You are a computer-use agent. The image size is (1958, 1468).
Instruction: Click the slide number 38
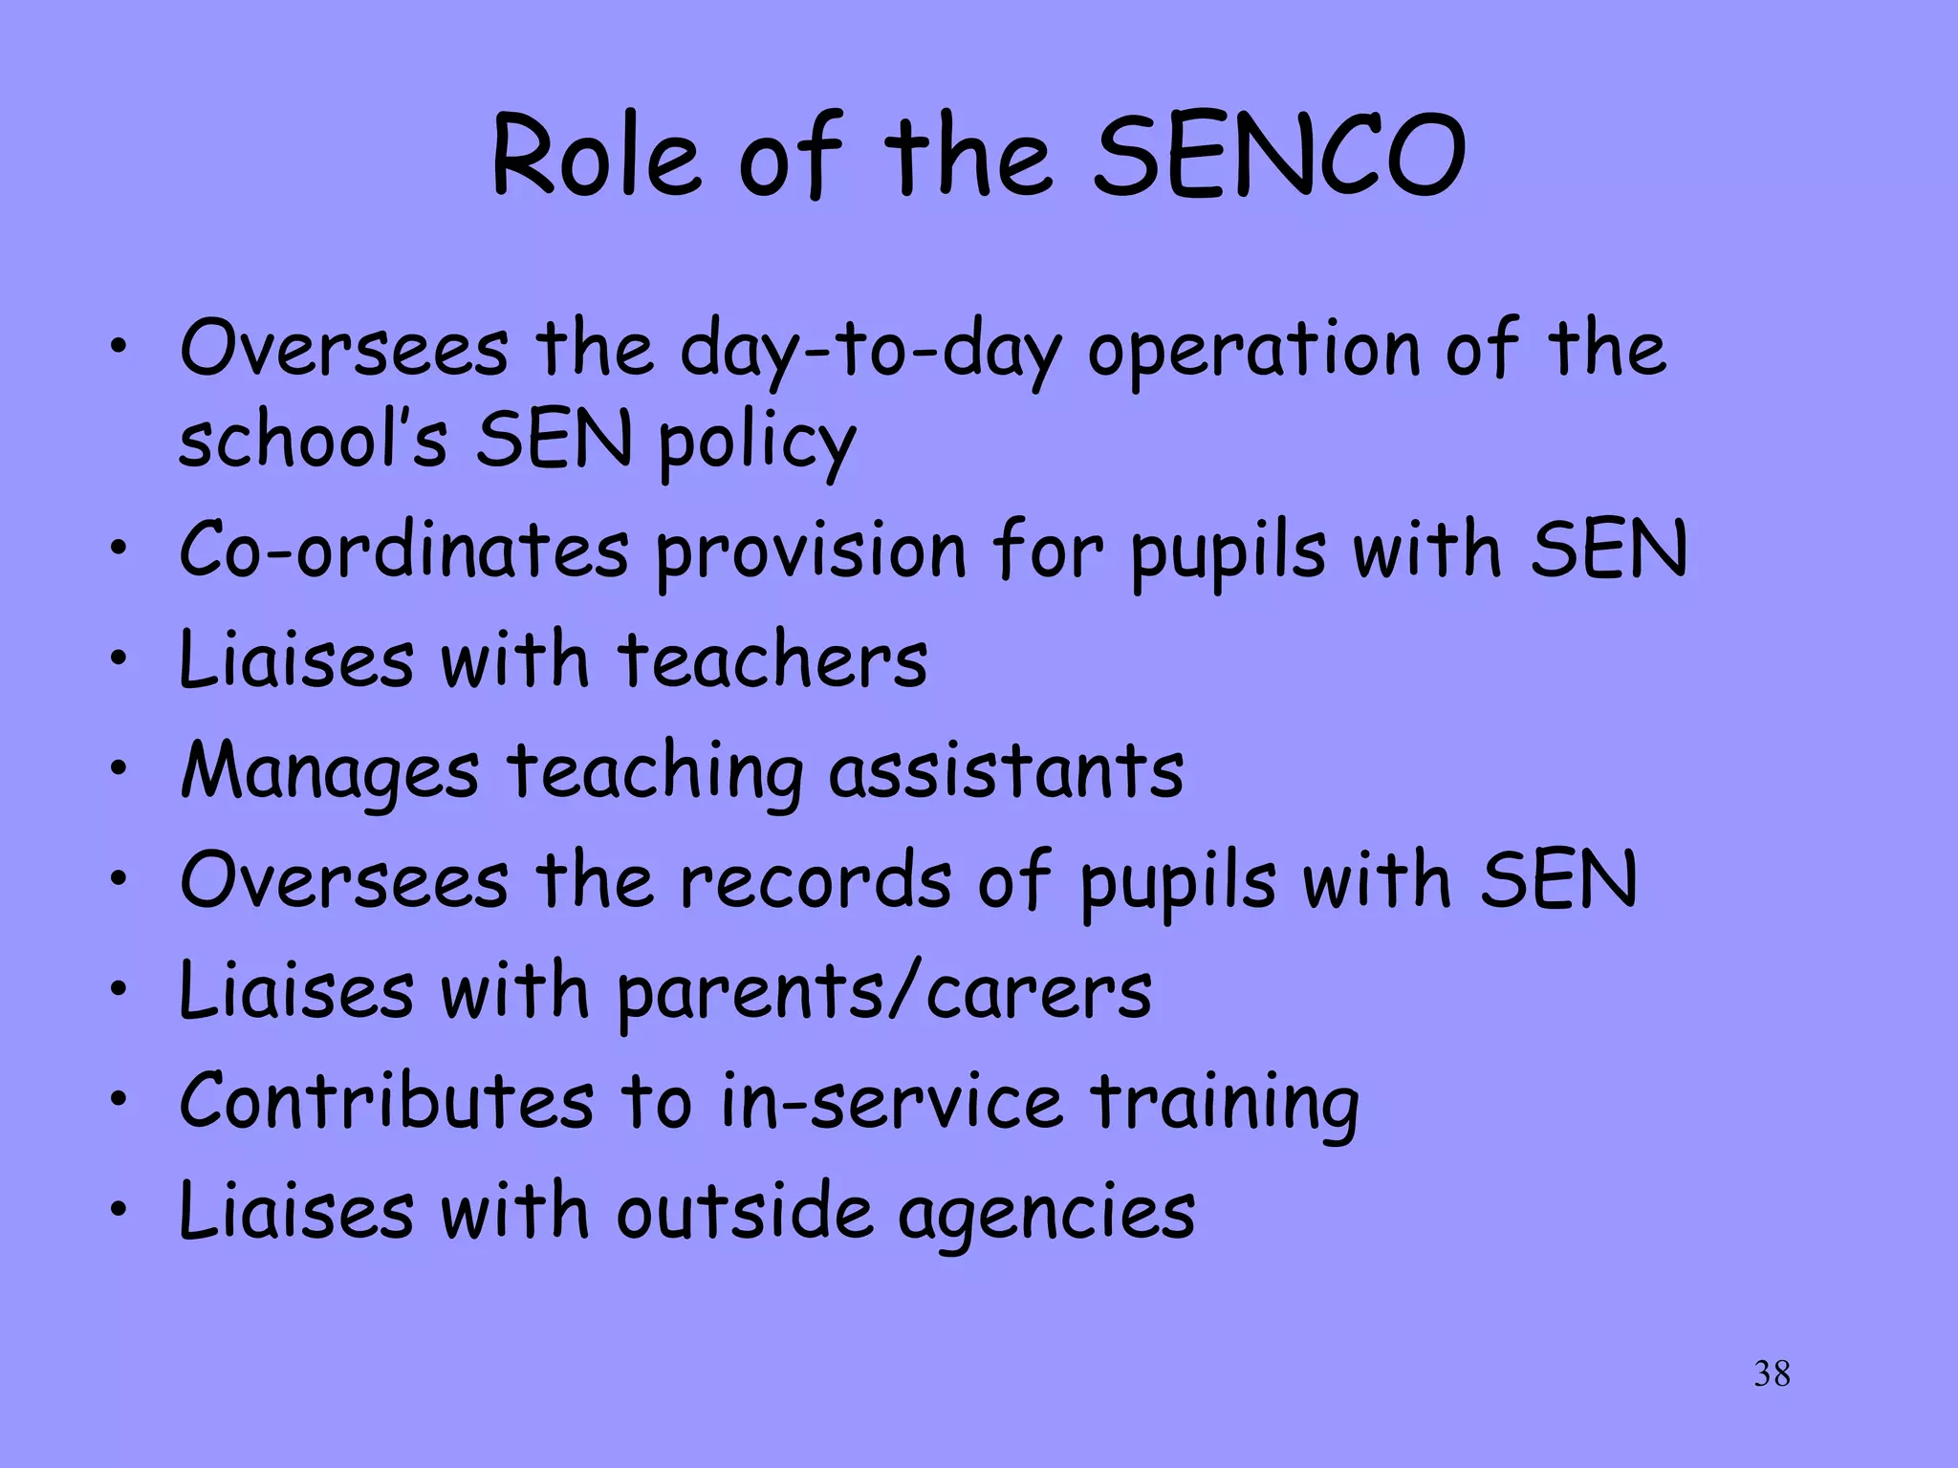point(1772,1373)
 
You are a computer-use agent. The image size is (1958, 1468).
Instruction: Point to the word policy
point(756,443)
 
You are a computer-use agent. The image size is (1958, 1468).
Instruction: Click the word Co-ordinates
point(403,550)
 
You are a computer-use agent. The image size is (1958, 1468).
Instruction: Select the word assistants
point(1006,770)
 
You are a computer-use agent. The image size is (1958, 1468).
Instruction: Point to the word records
point(816,880)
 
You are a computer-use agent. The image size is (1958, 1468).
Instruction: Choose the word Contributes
point(386,1101)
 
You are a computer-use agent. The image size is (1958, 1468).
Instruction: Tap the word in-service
point(891,1101)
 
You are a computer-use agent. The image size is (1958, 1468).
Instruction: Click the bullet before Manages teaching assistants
point(118,767)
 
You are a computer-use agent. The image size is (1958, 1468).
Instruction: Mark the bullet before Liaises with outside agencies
point(118,1209)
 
